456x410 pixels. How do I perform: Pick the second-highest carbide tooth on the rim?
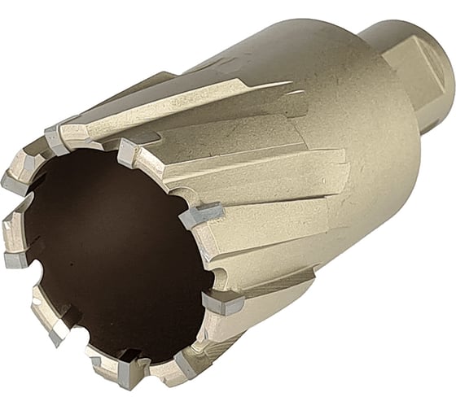coord(128,150)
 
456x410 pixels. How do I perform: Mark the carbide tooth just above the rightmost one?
coord(199,216)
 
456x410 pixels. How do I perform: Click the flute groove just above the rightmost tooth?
coord(244,244)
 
